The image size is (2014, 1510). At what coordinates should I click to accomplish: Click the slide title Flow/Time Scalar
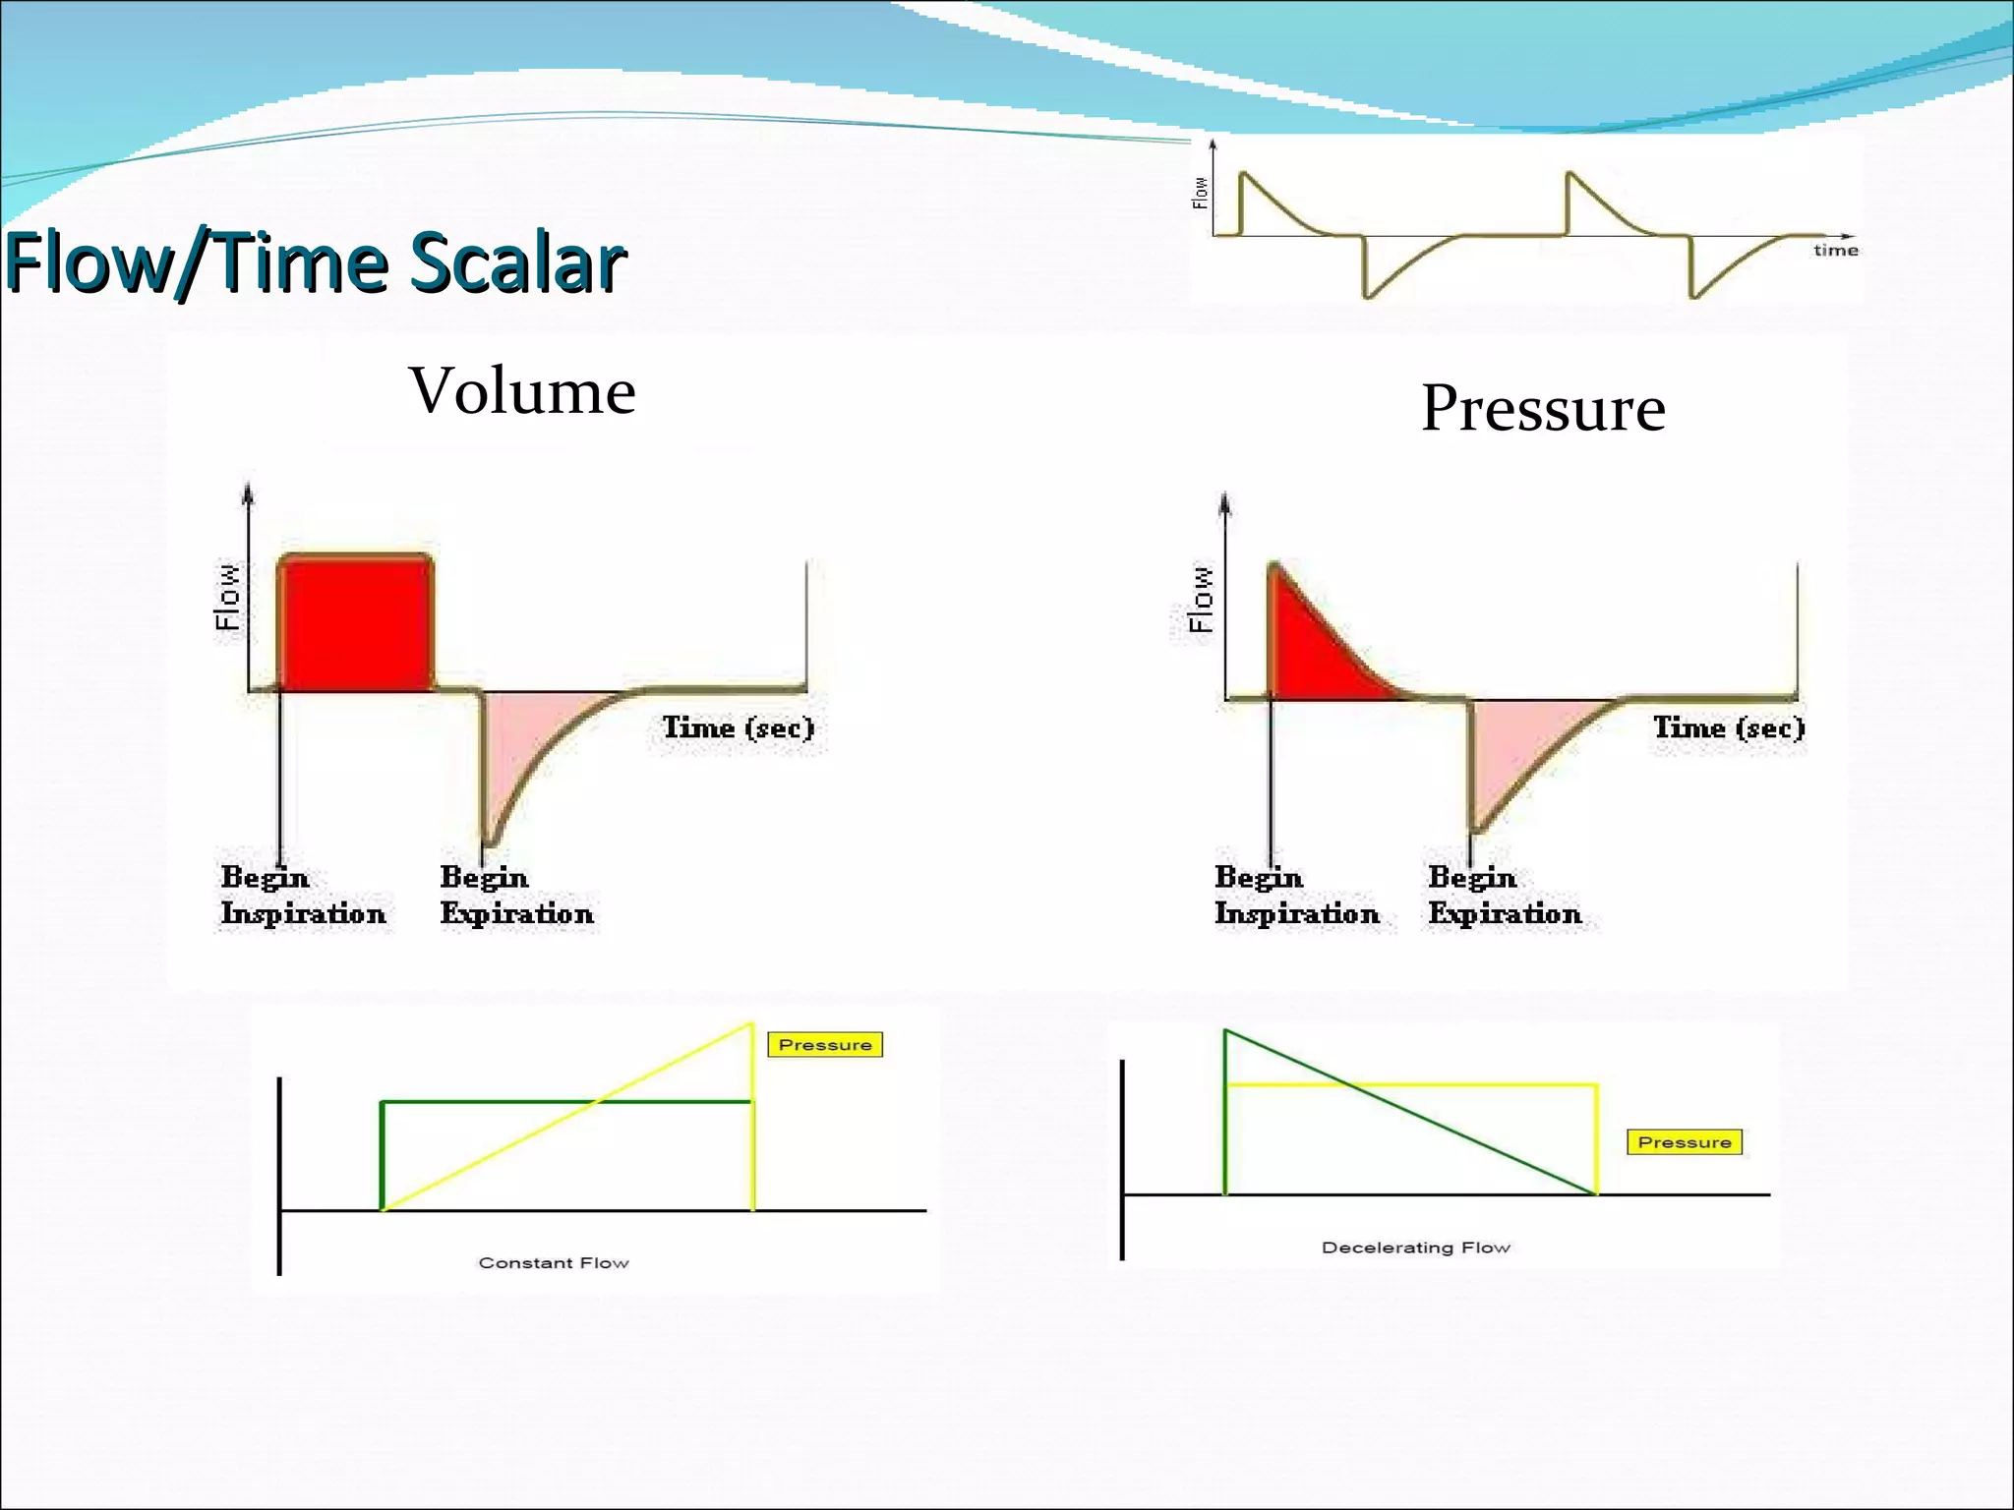(x=315, y=261)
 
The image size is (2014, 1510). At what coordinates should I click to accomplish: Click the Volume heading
(x=522, y=390)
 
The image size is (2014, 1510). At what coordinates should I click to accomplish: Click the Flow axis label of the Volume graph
(x=227, y=597)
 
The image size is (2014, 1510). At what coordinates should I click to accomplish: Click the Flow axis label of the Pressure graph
(x=1201, y=599)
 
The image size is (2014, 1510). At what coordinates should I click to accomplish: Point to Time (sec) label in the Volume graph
(x=738, y=728)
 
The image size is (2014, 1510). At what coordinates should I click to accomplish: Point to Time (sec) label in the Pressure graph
(x=1728, y=728)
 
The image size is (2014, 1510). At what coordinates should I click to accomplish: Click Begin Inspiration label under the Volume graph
(x=302, y=896)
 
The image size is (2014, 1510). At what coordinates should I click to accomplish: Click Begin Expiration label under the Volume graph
(x=516, y=896)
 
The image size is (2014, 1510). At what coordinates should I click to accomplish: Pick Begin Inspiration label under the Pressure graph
(x=1296, y=896)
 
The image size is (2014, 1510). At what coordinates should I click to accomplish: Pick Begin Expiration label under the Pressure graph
(x=1505, y=896)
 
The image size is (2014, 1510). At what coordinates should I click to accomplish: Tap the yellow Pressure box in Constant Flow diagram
(x=825, y=1044)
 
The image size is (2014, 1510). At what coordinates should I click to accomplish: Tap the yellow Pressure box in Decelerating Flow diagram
(x=1684, y=1141)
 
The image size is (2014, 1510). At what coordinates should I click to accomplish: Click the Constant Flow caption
(x=554, y=1262)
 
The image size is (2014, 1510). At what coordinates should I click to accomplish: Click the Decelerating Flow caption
(x=1415, y=1247)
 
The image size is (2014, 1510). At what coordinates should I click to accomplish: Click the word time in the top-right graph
(x=1835, y=251)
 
